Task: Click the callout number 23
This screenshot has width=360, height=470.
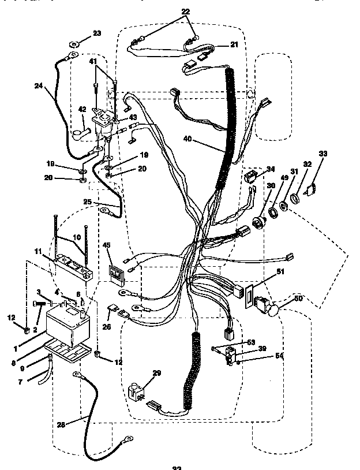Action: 96,33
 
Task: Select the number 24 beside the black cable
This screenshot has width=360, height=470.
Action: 39,86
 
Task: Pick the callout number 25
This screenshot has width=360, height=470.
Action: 87,203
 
